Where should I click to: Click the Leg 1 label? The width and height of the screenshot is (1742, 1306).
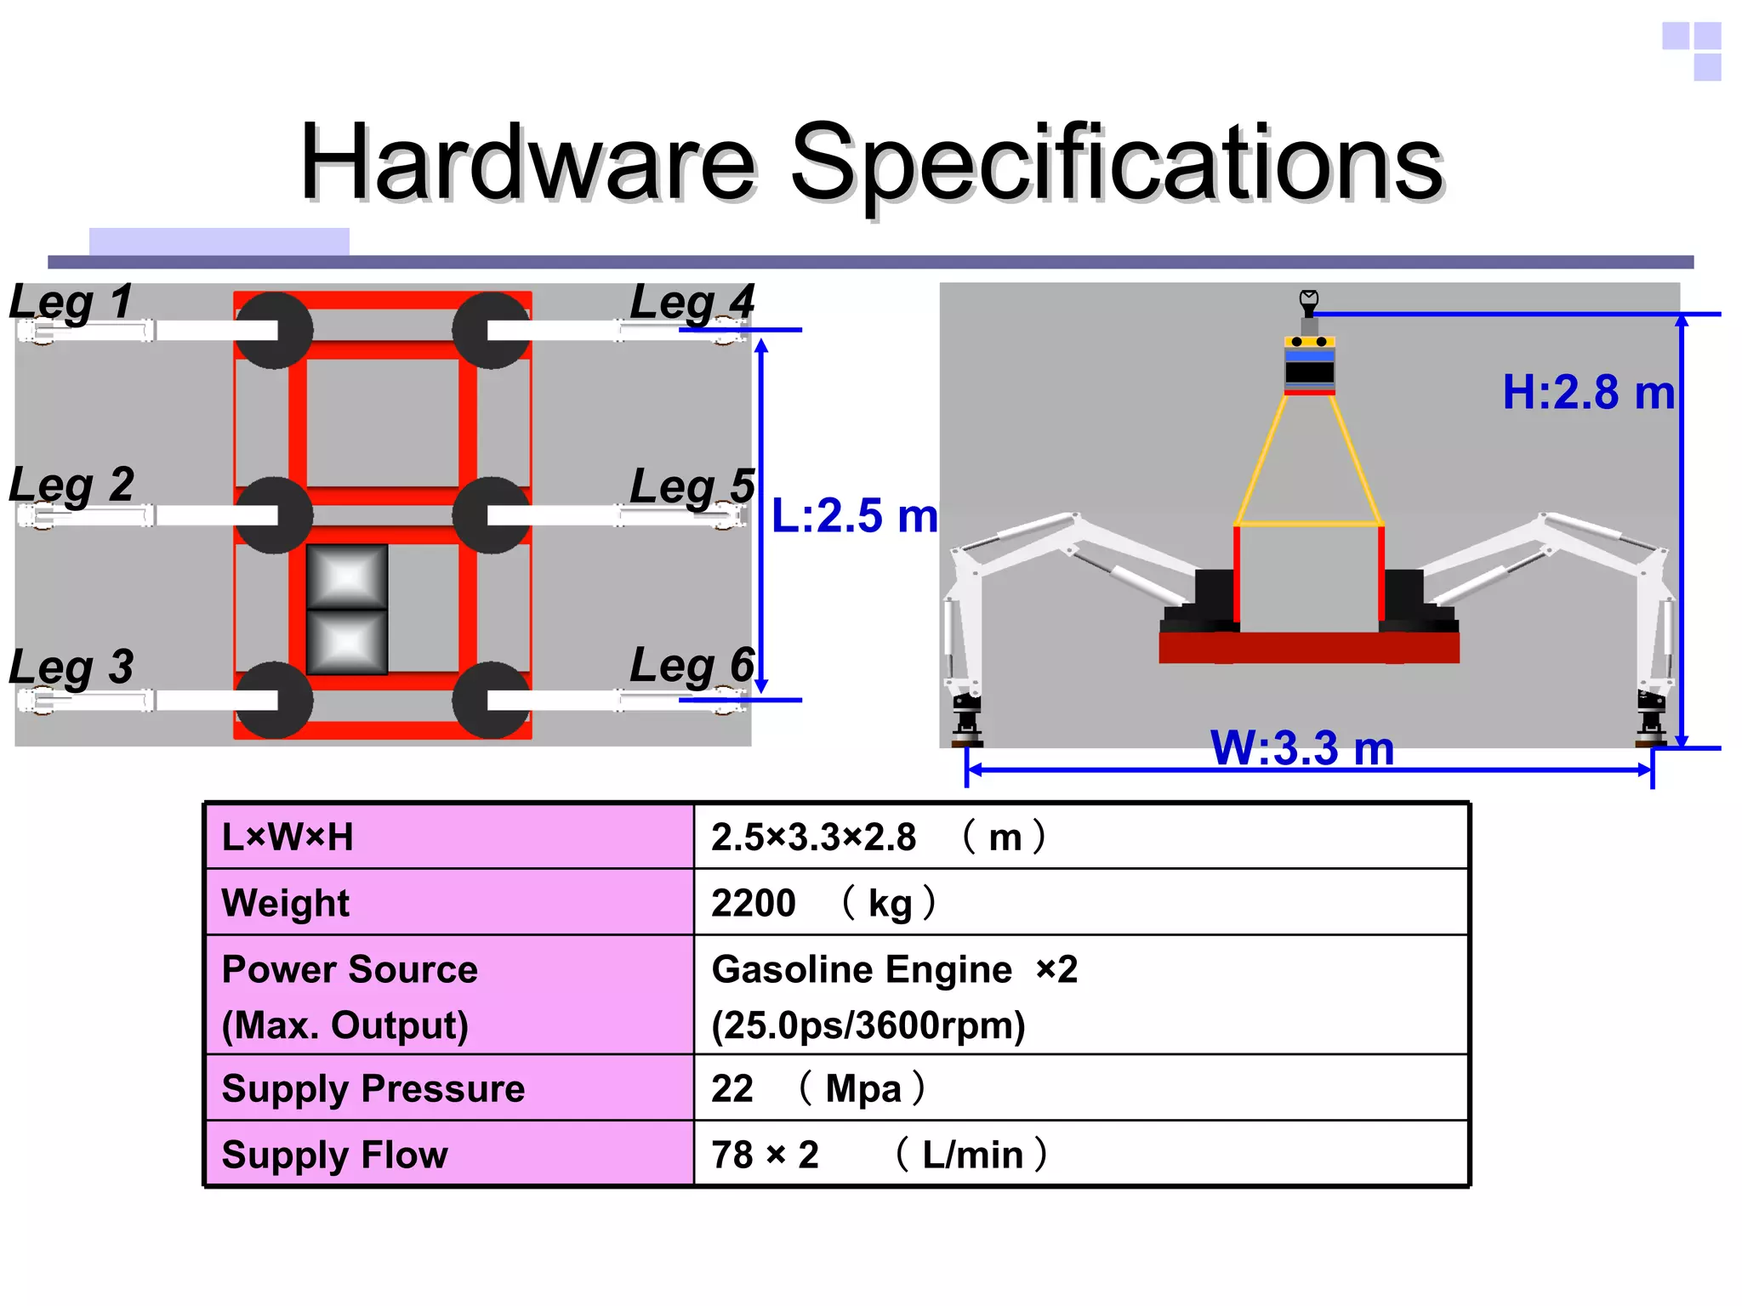point(71,303)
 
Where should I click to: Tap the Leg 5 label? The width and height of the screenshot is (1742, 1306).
point(692,486)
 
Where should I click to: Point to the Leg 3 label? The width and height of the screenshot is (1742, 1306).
point(71,667)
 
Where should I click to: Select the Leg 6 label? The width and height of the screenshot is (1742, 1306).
point(692,666)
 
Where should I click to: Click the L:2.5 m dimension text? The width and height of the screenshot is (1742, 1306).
point(854,516)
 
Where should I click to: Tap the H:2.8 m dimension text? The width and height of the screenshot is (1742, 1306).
point(1588,393)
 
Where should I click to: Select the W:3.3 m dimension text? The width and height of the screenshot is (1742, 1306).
point(1302,749)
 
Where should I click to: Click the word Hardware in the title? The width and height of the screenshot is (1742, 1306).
point(527,162)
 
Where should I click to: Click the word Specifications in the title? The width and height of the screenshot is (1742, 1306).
point(1117,162)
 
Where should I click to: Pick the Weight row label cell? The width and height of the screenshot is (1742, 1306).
point(449,902)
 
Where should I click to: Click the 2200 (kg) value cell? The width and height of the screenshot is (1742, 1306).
point(1080,902)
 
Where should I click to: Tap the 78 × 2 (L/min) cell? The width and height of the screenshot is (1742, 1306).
point(1080,1154)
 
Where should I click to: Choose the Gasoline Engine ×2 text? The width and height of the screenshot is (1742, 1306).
point(894,969)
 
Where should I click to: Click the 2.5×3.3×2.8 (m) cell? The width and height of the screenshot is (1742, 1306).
point(1080,837)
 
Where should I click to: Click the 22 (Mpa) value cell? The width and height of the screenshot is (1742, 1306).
point(1080,1088)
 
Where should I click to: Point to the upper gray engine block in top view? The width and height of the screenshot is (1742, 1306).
point(347,577)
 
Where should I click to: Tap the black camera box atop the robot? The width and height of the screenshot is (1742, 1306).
point(1309,372)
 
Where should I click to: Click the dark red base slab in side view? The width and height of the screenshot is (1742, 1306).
point(1309,648)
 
